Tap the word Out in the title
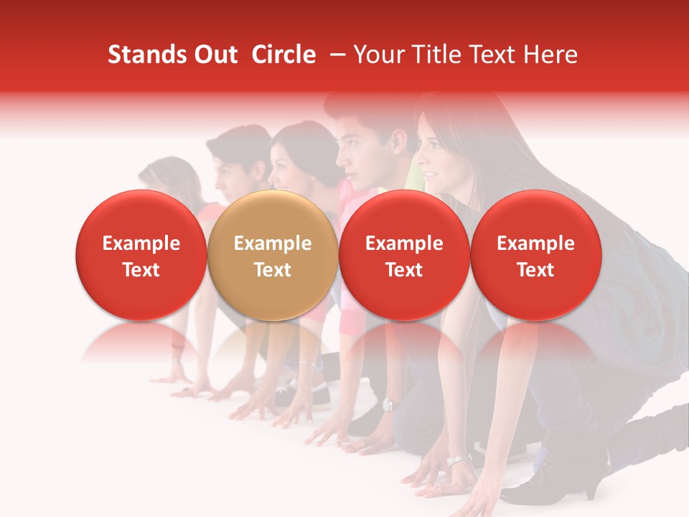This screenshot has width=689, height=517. [213, 55]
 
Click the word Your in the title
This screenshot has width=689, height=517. [378, 55]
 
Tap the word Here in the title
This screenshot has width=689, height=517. [548, 55]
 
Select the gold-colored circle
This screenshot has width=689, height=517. [272, 256]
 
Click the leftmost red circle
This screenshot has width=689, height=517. [141, 256]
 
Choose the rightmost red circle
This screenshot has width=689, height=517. [535, 256]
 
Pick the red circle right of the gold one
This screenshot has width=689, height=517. [404, 256]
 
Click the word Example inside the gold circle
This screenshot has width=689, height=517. [273, 243]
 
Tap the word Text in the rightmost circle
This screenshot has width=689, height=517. [535, 270]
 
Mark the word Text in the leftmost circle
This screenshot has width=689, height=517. [141, 270]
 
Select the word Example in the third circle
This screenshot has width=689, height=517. [404, 243]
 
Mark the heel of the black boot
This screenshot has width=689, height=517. [593, 488]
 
